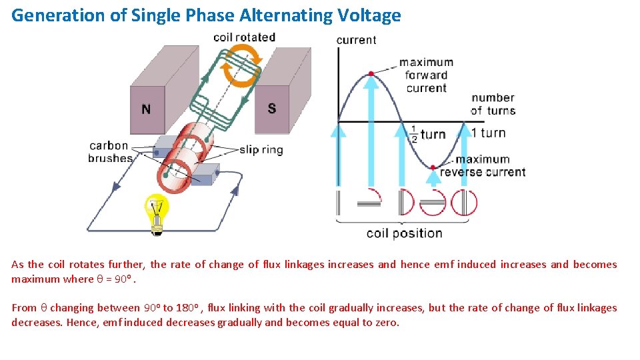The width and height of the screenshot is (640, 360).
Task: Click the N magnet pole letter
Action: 146,109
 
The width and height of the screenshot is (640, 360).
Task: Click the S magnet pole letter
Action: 272,109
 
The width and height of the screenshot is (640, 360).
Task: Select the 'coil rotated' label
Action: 244,37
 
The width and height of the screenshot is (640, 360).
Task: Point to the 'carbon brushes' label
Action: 109,152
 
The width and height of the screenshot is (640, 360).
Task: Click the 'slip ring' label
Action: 261,150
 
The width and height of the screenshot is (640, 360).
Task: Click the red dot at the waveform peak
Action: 371,73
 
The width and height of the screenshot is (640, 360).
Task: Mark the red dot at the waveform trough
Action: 433,167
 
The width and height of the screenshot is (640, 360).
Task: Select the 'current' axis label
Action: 356,40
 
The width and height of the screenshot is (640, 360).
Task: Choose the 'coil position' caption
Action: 404,233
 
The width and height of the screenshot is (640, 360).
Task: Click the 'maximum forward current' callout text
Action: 426,75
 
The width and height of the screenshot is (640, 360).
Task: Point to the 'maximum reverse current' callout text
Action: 483,166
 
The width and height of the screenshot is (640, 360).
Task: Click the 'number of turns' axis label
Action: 493,104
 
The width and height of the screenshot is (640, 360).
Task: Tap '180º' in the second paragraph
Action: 189,308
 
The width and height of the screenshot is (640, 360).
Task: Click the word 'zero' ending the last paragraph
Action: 385,323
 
